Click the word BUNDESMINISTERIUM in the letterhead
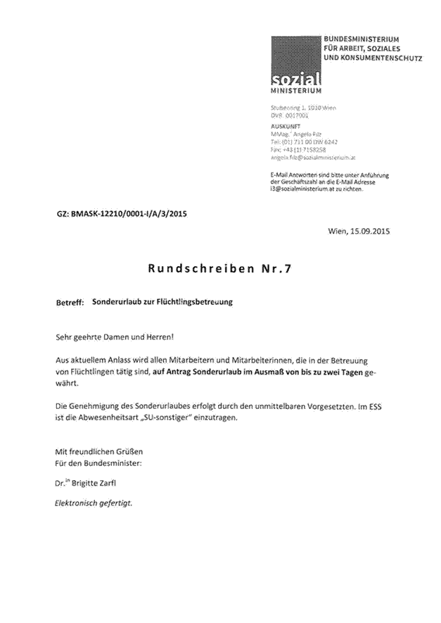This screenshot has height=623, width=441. click(361, 38)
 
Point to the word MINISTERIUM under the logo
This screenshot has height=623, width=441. click(295, 91)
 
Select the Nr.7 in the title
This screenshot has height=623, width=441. click(276, 268)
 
